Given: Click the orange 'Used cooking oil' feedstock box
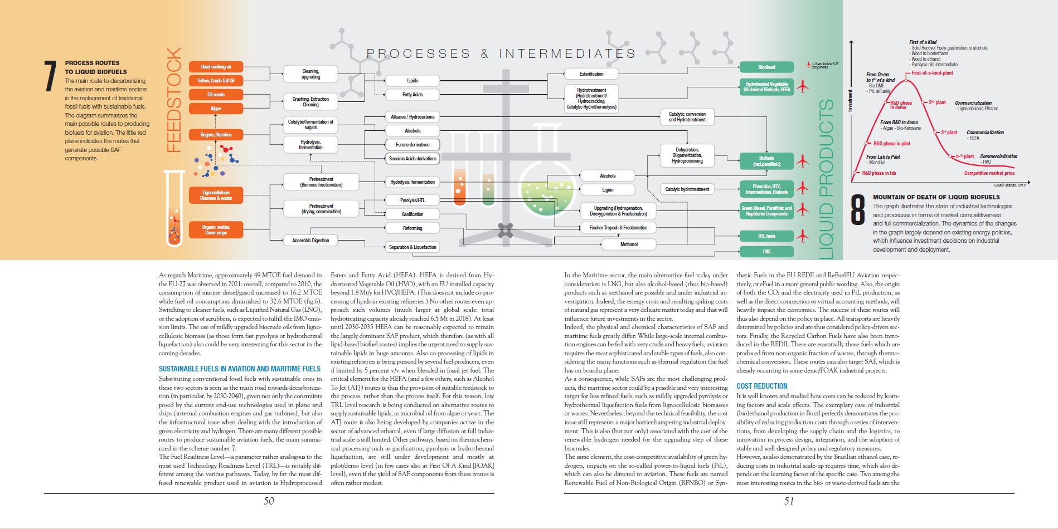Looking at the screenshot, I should pos(216,67).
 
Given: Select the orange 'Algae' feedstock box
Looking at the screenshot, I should pos(216,109).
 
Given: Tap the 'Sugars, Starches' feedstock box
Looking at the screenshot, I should pos(216,135).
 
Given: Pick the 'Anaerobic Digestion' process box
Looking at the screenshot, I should pos(310,241).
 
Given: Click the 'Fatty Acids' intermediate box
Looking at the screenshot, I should pos(412,95).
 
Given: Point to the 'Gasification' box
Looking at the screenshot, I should pos(412,214).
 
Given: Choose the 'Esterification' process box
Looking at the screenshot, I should pos(591,74).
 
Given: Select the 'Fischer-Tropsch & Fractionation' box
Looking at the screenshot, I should pos(618,228).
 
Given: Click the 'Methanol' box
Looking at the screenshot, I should pos(629,244).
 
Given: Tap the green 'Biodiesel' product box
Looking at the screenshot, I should pos(766,67).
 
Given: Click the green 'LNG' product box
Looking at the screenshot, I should pos(766,252).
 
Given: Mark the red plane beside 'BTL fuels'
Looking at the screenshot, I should pos(802,236).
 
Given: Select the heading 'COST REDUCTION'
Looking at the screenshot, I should pos(761,386).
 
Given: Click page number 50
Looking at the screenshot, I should pos(269,501).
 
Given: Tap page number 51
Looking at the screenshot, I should pos(789,501).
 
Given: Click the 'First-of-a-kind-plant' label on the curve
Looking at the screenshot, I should pos(932,73).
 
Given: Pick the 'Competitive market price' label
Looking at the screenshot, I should pos(989,173).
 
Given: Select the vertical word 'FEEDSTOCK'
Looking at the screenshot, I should pos(174,100).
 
